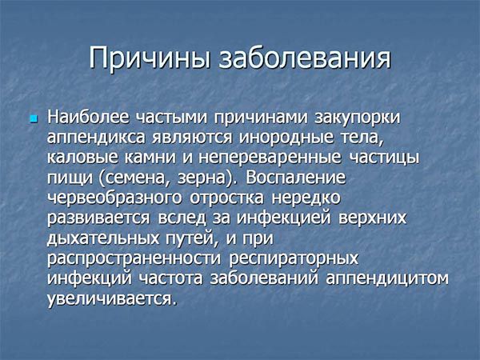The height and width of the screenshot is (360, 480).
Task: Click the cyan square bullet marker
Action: (34, 118)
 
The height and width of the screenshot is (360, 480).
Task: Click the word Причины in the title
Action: (150, 58)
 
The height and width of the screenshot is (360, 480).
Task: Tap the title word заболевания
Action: (305, 58)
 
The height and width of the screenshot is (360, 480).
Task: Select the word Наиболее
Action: (88, 118)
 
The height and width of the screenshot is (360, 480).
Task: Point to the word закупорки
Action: (358, 118)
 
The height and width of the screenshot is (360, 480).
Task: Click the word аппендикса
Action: (96, 138)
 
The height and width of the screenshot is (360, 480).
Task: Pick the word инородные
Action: (286, 138)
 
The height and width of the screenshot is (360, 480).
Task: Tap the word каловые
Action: (82, 158)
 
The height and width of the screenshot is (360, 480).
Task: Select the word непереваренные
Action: (270, 158)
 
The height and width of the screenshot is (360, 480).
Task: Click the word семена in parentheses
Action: (133, 178)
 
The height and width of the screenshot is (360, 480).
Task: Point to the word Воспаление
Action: (296, 178)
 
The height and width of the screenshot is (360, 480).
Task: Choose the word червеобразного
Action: (114, 198)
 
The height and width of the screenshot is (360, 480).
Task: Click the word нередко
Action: (306, 198)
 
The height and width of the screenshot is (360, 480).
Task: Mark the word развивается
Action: (98, 218)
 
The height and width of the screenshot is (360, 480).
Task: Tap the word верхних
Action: (373, 218)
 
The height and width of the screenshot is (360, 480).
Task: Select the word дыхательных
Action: (103, 238)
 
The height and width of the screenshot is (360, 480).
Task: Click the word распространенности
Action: (134, 258)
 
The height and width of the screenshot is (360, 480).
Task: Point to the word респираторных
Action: (294, 258)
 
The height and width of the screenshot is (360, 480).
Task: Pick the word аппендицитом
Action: (387, 278)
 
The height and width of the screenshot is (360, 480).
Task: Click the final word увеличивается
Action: (112, 298)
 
